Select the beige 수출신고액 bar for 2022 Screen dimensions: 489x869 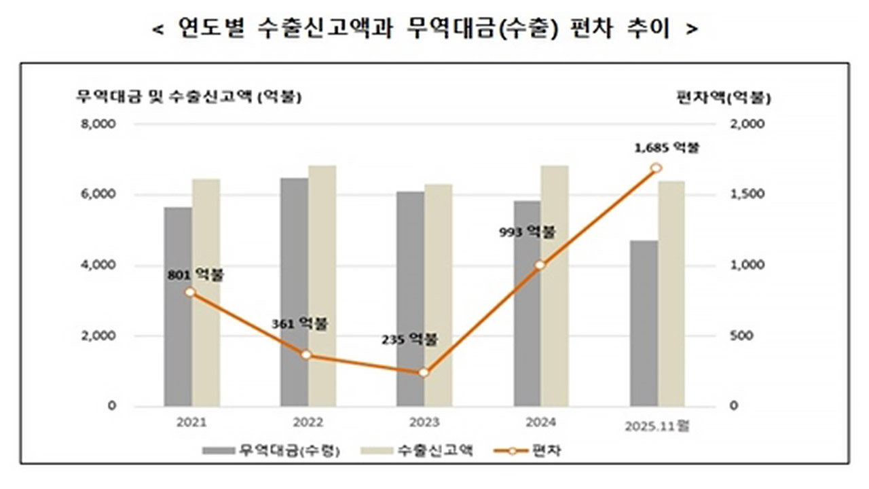tap(322, 285)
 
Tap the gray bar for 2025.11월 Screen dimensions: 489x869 tap(644, 323)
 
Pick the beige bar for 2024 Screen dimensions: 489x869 tap(555, 285)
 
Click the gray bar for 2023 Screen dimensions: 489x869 tap(410, 299)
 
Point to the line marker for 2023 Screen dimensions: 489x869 tap(424, 373)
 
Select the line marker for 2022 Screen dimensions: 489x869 tap(306, 355)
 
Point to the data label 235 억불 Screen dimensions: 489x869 tap(409, 340)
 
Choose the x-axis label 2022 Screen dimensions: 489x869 tap(308, 422)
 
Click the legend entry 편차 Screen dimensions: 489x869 tap(540, 450)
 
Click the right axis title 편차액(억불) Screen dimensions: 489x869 tap(724, 97)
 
